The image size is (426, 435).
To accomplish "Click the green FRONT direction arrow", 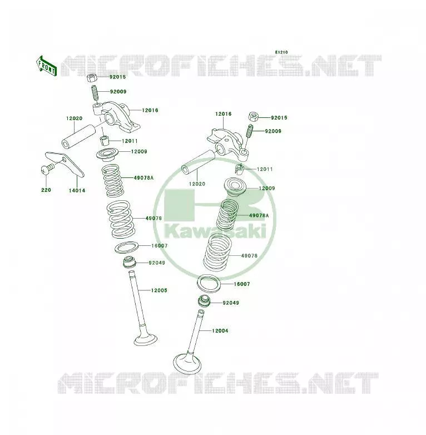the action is coord(47,66).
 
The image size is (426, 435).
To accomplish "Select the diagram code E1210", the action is coord(281,52).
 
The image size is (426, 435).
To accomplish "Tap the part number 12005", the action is coord(159,290).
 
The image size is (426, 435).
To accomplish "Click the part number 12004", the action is coord(220,330).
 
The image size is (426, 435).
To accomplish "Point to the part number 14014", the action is coord(77,190).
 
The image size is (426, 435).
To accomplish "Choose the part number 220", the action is coord(46,190).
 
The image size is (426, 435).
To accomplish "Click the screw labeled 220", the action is coord(47,169).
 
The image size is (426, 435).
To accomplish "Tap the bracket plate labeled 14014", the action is coord(65,164).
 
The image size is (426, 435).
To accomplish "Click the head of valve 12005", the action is coord(146,339).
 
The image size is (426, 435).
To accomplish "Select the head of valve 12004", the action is coord(187,363).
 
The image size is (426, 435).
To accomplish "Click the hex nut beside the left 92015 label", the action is coord(92,77).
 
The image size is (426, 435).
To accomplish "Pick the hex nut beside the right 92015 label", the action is coord(253,116).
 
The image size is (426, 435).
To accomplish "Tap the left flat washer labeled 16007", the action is coord(126,248).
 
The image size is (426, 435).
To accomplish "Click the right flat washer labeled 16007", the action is coord(209,283).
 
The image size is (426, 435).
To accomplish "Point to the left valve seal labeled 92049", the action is coord(130,263).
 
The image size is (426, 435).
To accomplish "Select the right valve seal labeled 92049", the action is coord(205,301).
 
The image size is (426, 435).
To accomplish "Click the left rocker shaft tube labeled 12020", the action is coord(78,136).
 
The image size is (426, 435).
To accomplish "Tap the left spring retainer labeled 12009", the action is coord(107,154).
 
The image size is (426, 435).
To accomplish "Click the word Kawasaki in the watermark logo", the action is coord(215,231).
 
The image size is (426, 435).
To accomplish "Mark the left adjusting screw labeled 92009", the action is coord(95,93).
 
